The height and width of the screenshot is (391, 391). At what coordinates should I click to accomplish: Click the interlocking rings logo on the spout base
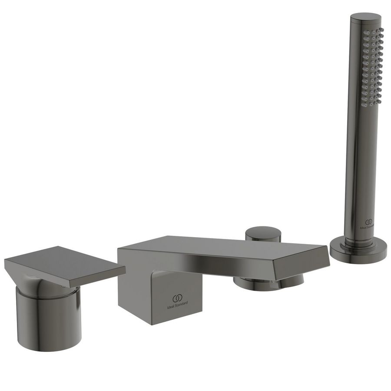point(177,298)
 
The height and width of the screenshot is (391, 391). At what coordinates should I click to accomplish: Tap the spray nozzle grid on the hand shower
point(374,65)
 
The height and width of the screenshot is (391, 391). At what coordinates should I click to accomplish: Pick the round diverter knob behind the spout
point(262,235)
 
